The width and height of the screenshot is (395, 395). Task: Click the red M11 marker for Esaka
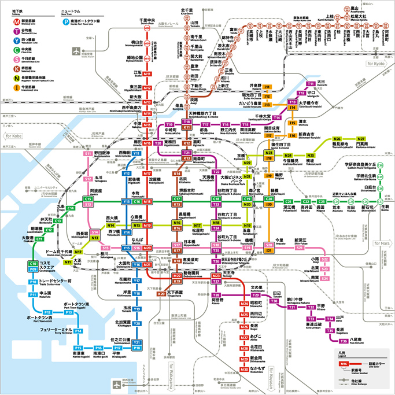tap(147, 74)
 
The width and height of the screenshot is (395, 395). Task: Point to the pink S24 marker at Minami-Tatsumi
tap(325, 279)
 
